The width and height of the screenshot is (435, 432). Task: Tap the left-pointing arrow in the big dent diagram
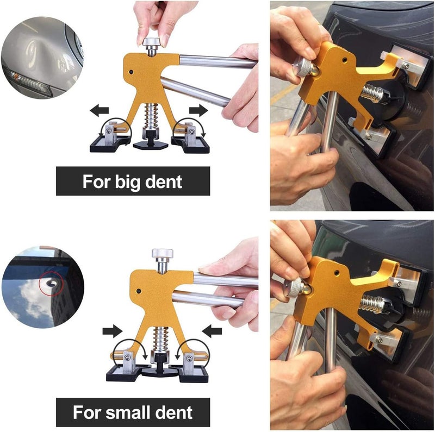[99, 111]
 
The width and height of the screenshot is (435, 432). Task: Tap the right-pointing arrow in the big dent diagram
[198, 111]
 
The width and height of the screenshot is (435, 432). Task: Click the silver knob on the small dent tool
[162, 254]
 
